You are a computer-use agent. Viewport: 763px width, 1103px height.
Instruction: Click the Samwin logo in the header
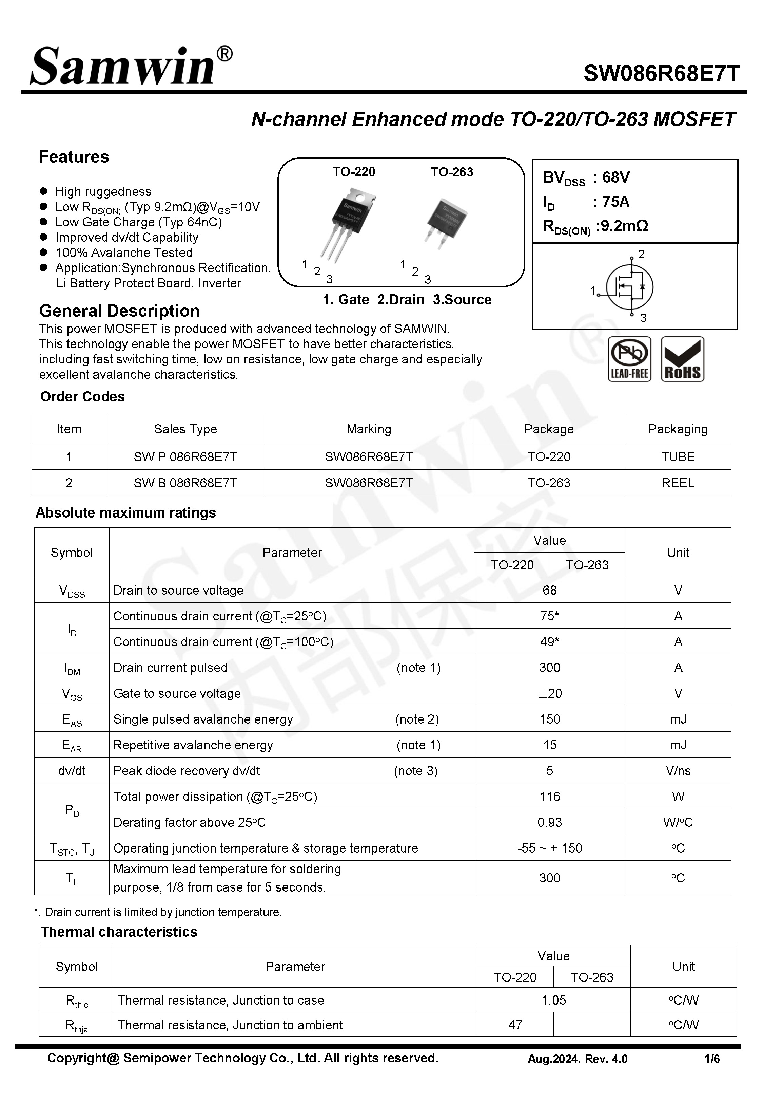(x=130, y=66)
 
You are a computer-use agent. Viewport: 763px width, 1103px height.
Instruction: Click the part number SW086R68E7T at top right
(x=661, y=74)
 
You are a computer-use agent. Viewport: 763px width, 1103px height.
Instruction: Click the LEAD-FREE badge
(x=629, y=359)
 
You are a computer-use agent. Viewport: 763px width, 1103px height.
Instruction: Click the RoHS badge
(x=682, y=359)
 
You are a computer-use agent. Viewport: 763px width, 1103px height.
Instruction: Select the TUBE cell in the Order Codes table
(x=678, y=456)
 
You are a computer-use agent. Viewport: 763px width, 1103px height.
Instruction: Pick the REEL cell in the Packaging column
(x=678, y=483)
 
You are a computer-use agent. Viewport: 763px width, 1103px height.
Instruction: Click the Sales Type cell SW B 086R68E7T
(x=185, y=483)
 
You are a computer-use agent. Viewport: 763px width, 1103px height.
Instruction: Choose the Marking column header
(x=369, y=429)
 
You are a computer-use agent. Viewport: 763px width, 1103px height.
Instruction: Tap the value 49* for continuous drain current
(x=549, y=641)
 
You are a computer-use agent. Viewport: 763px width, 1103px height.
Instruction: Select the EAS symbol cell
(x=72, y=720)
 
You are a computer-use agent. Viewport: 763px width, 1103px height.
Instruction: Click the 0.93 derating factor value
(x=549, y=822)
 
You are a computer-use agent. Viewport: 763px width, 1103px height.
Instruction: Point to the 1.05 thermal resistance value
(x=553, y=1000)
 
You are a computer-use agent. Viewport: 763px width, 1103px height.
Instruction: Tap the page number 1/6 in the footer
(x=712, y=1059)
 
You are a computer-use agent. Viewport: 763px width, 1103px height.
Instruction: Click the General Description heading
(x=119, y=311)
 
